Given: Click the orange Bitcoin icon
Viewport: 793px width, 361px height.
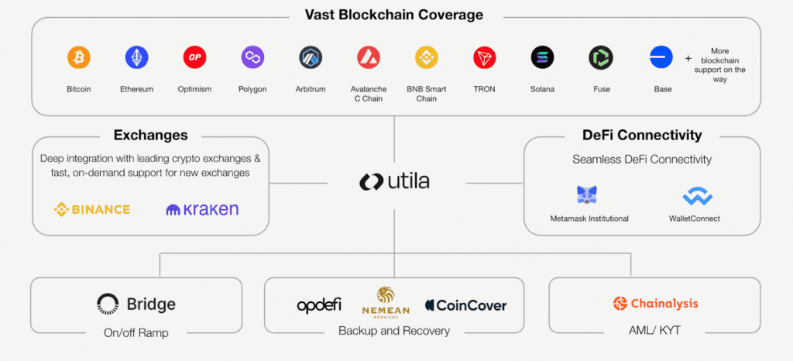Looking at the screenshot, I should tap(78, 57).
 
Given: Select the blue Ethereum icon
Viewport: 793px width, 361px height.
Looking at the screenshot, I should tap(136, 57).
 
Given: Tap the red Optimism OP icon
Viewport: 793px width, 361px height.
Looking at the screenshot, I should tap(194, 57).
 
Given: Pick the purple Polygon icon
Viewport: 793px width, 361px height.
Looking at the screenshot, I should tap(252, 57).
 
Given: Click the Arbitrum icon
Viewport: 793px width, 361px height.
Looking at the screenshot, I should tap(311, 57).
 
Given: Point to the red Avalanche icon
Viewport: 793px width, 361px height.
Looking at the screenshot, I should tap(369, 57).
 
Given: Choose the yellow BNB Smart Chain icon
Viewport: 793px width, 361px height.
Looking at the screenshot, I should tap(427, 57).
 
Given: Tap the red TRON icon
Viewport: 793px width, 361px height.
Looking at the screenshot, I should tap(485, 57).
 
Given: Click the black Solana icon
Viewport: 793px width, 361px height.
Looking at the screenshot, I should tap(542, 57).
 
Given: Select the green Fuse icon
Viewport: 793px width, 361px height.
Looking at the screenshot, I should tap(601, 57).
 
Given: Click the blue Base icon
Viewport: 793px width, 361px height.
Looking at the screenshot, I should tap(662, 57).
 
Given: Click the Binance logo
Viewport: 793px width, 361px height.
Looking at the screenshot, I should tap(92, 209).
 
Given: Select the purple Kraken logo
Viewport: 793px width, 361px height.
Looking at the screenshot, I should tap(202, 209).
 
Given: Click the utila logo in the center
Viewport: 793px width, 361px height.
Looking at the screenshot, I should tap(394, 182).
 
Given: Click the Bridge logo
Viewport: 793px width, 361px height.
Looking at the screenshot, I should tap(136, 304).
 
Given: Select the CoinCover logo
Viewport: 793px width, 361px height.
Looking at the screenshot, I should tap(465, 305).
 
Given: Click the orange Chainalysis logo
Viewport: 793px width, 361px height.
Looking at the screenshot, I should tap(655, 303).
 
